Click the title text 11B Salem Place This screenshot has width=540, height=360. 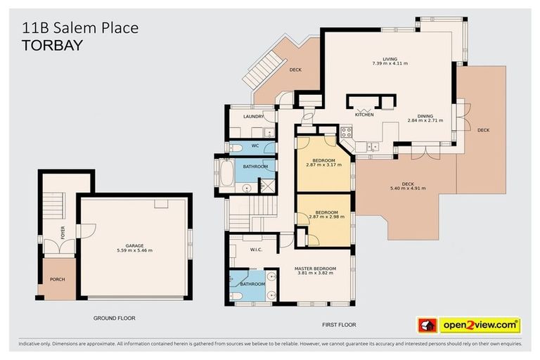(80, 27)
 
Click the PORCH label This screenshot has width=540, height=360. (57, 279)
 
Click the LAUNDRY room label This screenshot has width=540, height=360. (252, 117)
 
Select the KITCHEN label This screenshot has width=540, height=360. (364, 115)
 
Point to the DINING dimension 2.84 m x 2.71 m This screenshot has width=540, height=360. (425, 120)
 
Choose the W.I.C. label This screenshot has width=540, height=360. (255, 249)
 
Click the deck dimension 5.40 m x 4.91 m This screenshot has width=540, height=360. (408, 188)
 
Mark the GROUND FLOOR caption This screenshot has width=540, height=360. (114, 318)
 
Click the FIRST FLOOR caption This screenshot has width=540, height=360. (340, 325)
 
